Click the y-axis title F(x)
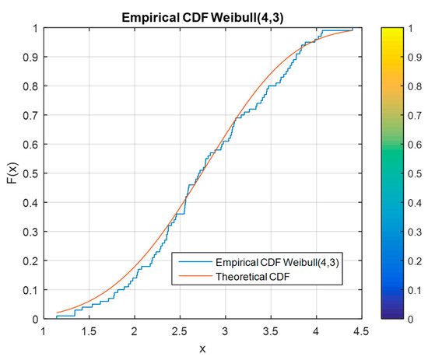point(13,173)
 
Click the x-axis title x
point(202,348)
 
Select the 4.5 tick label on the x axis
point(362,332)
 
